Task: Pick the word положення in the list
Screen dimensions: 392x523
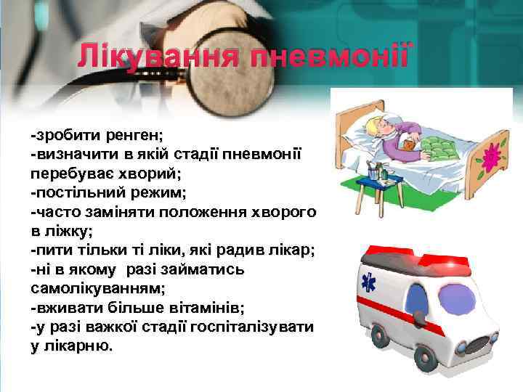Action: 201,212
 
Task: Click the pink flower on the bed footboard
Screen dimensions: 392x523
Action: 492,156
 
